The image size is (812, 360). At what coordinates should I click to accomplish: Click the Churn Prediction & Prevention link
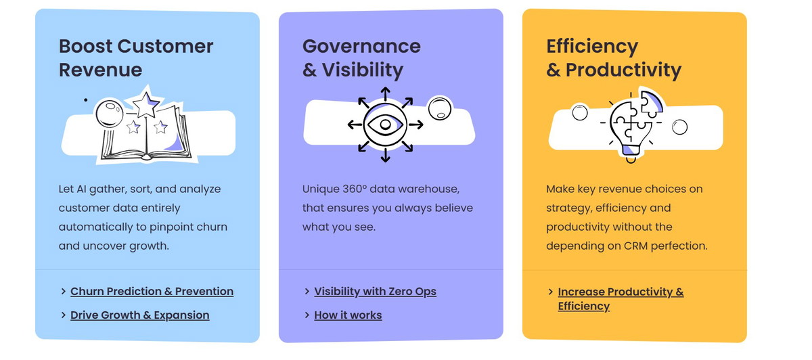(152, 291)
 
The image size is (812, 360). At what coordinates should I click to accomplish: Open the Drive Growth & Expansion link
(139, 315)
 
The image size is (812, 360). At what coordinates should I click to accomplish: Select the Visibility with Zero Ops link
(375, 291)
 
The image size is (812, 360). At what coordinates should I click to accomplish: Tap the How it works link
(348, 315)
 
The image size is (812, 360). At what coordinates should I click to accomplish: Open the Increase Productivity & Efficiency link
(621, 298)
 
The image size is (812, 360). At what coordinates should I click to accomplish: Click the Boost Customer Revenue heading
(136, 58)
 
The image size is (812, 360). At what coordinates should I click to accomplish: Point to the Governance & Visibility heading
(361, 58)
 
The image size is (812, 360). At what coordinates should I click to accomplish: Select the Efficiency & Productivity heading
(614, 58)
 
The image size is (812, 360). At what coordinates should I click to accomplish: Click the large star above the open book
(145, 104)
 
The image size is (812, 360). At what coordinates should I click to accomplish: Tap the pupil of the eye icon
(385, 125)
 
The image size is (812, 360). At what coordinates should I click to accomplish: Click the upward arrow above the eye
(385, 94)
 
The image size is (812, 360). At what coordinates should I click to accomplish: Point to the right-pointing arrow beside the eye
(415, 125)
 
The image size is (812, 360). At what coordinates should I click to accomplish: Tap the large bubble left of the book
(110, 113)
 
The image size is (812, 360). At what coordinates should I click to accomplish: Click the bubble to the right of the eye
(440, 108)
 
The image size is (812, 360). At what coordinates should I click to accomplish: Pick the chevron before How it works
(307, 315)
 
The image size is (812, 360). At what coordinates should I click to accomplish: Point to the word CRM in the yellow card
(635, 246)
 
